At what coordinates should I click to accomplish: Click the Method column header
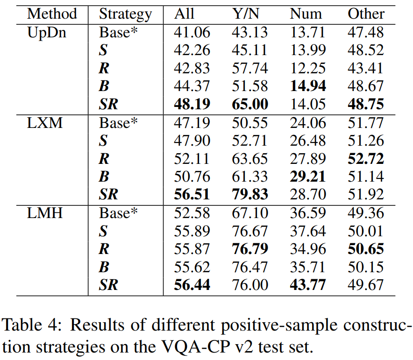(52, 14)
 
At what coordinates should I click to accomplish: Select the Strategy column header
(125, 14)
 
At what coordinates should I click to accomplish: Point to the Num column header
(306, 14)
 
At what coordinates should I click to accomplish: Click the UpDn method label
(46, 33)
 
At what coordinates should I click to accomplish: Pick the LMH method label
(44, 213)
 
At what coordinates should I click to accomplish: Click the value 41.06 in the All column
(192, 33)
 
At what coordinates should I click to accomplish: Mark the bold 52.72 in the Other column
(366, 159)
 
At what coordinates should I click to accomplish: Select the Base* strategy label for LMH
(119, 213)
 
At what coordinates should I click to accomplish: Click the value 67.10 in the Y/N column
(250, 213)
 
